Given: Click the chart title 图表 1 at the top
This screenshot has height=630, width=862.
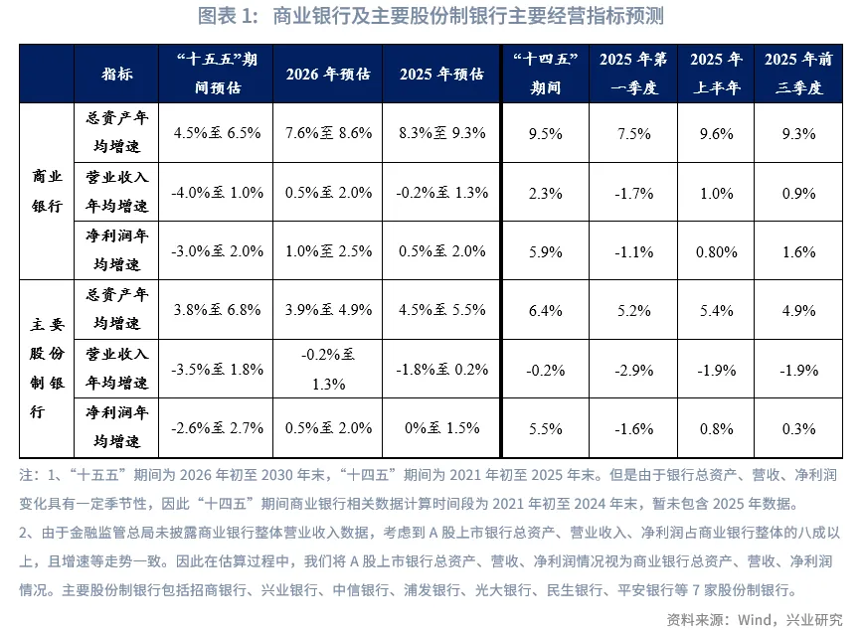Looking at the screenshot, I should [431, 17].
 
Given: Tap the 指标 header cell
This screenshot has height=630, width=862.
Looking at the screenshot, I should [116, 74].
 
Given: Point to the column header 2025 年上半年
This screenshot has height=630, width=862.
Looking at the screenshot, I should [716, 74].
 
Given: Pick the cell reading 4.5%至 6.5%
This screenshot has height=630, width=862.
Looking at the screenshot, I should [217, 133].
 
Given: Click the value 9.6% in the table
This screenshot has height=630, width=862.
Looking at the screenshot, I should [716, 133].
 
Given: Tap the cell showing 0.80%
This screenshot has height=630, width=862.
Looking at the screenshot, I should [716, 252].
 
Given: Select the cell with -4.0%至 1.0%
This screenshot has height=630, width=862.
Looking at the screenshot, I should [217, 193].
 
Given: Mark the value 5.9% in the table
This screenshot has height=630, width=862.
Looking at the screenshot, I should [546, 252].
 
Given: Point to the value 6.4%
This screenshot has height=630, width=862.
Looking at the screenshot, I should [546, 308].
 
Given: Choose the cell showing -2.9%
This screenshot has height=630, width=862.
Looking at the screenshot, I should [634, 369].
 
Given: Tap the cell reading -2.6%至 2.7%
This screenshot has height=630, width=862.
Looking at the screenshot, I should [217, 428].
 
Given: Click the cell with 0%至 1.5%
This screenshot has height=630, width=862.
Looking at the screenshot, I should [442, 428].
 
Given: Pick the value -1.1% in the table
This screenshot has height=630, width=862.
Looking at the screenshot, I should [634, 252].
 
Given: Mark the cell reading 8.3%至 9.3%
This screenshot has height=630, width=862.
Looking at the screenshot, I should [442, 133].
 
